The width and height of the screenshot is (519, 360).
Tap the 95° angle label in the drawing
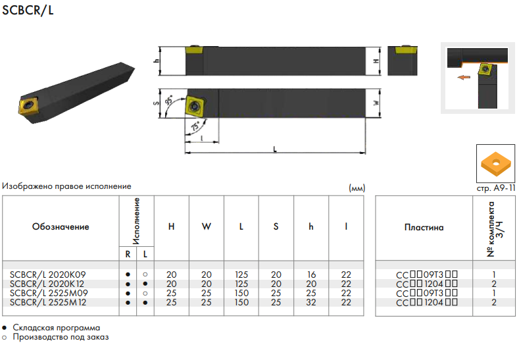tap(170, 101)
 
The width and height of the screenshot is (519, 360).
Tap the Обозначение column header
tap(61, 227)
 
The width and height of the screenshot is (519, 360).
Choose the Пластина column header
tap(424, 228)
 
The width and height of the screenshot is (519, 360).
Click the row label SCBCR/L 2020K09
tap(48, 274)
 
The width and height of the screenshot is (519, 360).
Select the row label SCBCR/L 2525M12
tap(49, 302)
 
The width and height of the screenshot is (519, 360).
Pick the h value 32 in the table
tap(311, 302)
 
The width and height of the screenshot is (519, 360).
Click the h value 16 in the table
tap(311, 274)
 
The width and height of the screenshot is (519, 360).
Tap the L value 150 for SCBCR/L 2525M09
tap(241, 293)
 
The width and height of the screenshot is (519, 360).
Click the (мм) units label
tap(356, 188)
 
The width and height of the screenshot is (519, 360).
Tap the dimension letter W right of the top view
tap(376, 103)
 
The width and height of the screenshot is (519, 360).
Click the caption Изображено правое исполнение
tap(66, 187)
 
